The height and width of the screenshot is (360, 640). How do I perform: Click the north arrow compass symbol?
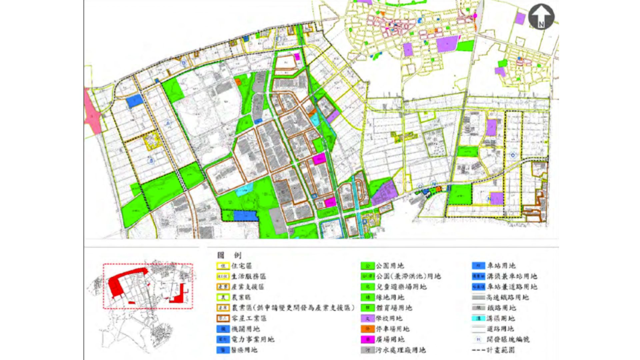541,17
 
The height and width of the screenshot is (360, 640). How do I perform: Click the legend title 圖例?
229,255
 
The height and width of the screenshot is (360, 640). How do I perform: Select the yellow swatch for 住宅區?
223,266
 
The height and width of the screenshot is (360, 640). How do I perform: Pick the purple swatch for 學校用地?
368,318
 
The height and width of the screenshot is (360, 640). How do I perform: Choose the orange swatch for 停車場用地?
368,329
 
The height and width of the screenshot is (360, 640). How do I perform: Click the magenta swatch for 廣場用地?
368,339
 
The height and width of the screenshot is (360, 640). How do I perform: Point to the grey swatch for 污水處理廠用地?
368,350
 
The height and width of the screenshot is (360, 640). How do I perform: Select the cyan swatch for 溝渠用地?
478,318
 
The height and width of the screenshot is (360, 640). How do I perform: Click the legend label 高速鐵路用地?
507,297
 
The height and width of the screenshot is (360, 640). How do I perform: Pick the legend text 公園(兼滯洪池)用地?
408,276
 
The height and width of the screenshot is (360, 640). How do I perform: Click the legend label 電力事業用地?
253,339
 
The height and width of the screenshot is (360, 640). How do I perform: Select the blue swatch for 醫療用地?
223,350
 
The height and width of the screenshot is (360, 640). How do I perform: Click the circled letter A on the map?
168,124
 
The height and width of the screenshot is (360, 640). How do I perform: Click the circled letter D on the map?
184,63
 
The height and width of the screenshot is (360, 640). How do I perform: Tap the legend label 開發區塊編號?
508,339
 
